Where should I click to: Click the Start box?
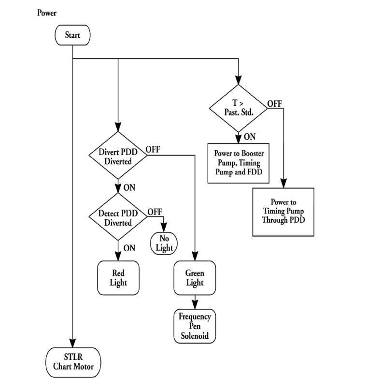(72, 35)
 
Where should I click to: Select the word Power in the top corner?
(47, 13)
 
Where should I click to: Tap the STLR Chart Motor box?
(73, 362)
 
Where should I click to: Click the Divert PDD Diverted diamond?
(118, 156)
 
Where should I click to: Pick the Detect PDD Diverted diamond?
(118, 218)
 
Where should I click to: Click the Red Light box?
(118, 278)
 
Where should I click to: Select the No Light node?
(164, 243)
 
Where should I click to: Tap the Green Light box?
(195, 278)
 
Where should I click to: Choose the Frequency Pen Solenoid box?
(195, 326)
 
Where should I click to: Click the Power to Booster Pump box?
(239, 163)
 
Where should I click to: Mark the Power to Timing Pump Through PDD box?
(283, 211)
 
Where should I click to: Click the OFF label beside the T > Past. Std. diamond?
(275, 103)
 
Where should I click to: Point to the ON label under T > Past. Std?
(249, 137)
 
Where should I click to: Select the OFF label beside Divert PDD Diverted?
(153, 149)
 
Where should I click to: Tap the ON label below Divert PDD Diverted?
(129, 187)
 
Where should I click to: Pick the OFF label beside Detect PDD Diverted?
(155, 212)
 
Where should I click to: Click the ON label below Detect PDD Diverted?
(129, 248)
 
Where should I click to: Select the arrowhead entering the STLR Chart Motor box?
(73, 342)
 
